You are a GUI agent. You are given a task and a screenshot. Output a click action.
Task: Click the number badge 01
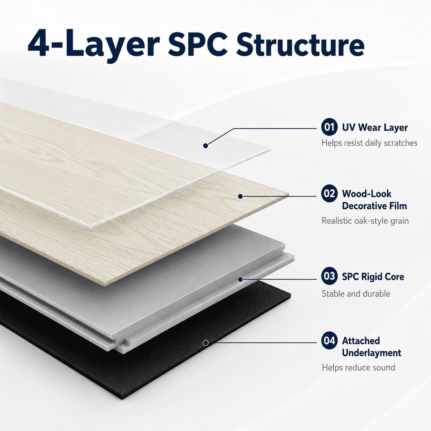click(329, 127)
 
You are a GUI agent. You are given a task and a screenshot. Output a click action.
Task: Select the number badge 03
click(329, 276)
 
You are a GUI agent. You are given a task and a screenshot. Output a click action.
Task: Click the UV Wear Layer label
click(375, 128)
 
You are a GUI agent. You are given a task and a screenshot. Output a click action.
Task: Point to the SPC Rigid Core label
click(373, 277)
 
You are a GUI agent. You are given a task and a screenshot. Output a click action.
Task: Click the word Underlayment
click(372, 353)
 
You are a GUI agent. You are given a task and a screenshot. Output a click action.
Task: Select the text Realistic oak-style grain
click(365, 221)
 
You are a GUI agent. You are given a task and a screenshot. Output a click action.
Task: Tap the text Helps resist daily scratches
click(369, 143)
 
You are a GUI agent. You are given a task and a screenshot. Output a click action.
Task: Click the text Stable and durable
click(356, 294)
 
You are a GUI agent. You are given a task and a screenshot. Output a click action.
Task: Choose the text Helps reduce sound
click(358, 368)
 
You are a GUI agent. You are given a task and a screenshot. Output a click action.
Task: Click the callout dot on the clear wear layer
click(206, 146)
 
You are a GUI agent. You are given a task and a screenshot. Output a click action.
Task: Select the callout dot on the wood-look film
click(240, 196)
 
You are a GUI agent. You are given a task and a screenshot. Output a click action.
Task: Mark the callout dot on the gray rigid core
click(240, 279)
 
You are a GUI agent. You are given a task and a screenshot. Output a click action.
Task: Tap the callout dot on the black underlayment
click(206, 342)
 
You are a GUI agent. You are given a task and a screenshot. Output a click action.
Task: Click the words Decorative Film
click(374, 206)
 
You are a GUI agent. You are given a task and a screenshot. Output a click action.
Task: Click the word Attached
click(361, 341)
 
